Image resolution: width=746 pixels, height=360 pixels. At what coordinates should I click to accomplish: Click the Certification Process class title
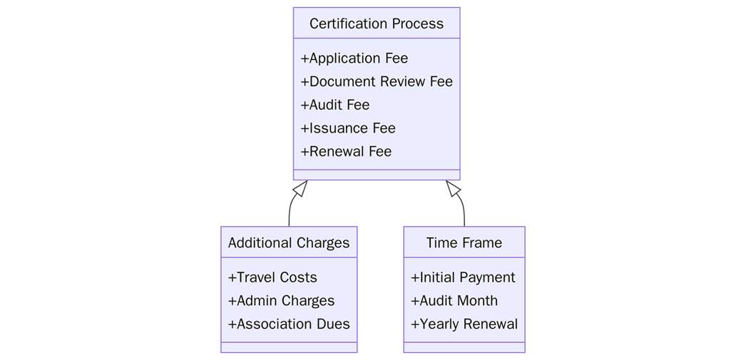click(x=376, y=24)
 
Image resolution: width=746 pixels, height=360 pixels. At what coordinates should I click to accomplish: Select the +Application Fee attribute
click(x=354, y=58)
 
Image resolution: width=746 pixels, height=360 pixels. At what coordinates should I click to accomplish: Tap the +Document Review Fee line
click(x=376, y=81)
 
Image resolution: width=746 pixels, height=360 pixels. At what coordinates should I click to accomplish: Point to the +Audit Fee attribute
click(x=334, y=105)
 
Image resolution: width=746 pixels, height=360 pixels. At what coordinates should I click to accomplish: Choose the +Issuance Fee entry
click(x=347, y=128)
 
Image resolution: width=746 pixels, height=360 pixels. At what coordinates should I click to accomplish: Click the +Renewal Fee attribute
click(x=346, y=151)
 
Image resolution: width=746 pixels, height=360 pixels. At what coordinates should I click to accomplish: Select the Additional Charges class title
click(x=289, y=243)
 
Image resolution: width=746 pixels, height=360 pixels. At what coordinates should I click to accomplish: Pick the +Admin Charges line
click(x=281, y=301)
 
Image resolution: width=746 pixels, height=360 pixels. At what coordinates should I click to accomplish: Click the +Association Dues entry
click(x=289, y=324)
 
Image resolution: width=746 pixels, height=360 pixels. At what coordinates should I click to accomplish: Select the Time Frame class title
click(x=464, y=243)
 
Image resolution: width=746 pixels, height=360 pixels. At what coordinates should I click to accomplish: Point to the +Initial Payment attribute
click(x=463, y=277)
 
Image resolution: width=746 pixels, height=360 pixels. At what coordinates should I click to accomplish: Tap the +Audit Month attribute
click(x=454, y=301)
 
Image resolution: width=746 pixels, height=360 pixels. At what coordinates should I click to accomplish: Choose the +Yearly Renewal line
click(x=464, y=324)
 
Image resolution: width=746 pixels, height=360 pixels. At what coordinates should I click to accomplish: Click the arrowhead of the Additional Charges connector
click(x=301, y=187)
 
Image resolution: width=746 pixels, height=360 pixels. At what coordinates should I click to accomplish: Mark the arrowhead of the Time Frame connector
click(x=452, y=187)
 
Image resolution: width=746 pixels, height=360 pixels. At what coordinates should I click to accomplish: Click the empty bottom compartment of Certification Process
click(x=376, y=175)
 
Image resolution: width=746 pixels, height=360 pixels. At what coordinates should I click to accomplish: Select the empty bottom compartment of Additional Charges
click(x=289, y=347)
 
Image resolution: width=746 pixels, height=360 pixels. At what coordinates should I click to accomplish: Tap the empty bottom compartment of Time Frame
click(x=464, y=347)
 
